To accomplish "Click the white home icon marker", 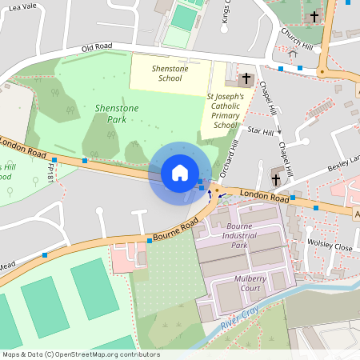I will click(x=180, y=173).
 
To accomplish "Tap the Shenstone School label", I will click(x=170, y=73).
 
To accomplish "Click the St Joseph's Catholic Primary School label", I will click(x=226, y=111).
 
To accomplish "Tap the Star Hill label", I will click(x=262, y=130).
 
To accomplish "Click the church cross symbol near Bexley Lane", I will click(x=277, y=179).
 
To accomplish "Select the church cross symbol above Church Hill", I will click(x=314, y=14).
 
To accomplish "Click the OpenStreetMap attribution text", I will click(x=81, y=354).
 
